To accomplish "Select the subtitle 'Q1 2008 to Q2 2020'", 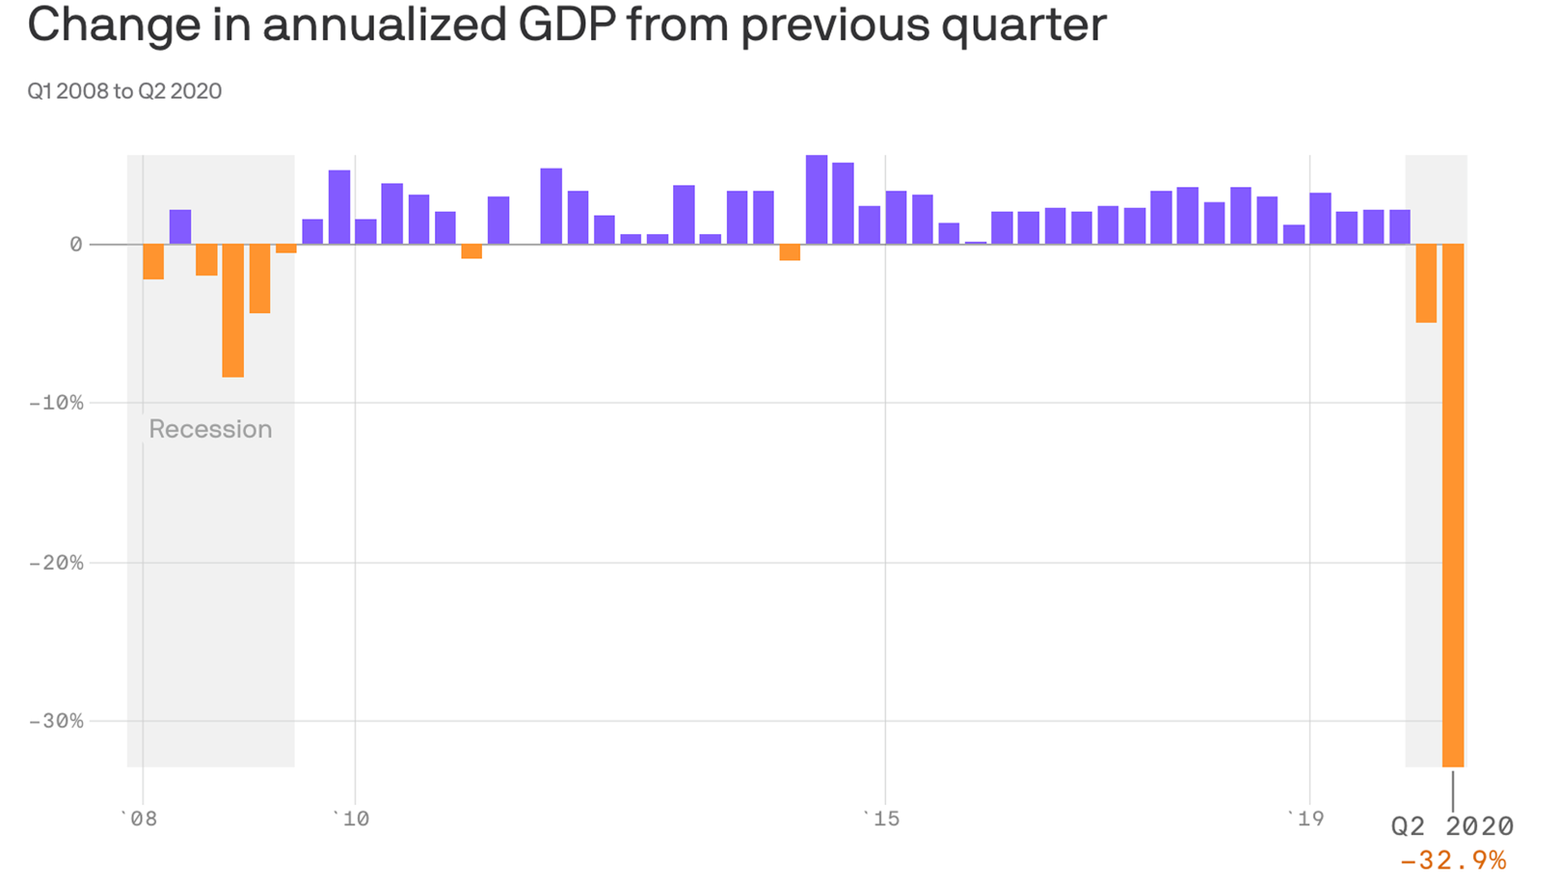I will pos(124,91).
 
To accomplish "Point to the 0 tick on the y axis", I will pos(76,244).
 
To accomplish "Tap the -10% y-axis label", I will pos(56,402).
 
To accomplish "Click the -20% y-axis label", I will pos(56,563).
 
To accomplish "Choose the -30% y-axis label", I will pos(56,721).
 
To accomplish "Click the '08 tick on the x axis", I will pos(139,819).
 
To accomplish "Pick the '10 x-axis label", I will pos(351,819).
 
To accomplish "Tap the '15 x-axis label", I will pos(882,819).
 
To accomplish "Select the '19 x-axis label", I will pos(1306,819).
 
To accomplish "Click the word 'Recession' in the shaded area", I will pos(211,429).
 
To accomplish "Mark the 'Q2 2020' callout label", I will pos(1452,826).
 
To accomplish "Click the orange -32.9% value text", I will pos(1452,860).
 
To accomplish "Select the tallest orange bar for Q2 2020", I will pos(1453,504).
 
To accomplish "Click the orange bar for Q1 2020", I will pos(1426,283).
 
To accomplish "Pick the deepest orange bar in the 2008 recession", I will pos(233,311).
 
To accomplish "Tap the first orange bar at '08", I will pos(154,262).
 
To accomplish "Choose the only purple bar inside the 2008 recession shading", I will pos(180,227).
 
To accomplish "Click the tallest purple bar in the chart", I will pos(816,200).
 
